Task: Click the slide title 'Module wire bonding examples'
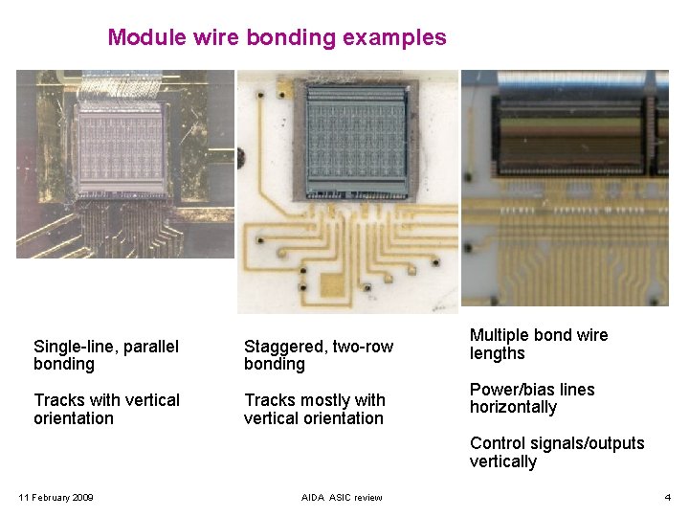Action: [277, 37]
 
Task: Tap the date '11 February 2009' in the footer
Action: [56, 497]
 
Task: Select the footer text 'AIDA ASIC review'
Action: [342, 497]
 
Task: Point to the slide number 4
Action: [667, 497]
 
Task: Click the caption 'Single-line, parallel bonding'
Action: [106, 355]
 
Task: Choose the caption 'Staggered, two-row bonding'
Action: [319, 355]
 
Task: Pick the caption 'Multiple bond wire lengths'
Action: [539, 344]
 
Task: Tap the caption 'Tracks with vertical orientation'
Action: [106, 409]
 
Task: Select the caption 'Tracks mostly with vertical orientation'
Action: [315, 409]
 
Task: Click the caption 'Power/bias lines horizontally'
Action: [532, 398]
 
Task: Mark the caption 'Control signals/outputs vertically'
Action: [557, 452]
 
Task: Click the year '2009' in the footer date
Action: [82, 497]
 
